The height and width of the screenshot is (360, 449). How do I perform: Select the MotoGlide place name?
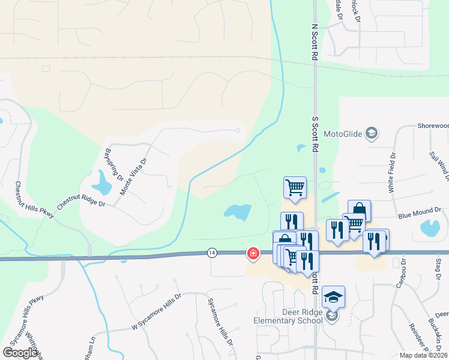(x=343, y=134)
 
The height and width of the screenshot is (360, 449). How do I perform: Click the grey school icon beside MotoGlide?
(x=372, y=133)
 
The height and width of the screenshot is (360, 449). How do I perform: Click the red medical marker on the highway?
(x=253, y=254)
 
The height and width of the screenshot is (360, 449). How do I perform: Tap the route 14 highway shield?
(x=212, y=253)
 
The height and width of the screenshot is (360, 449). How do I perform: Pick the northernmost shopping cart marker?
(x=295, y=187)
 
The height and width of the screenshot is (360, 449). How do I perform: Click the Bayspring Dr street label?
(x=114, y=166)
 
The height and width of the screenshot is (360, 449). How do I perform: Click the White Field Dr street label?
(x=392, y=172)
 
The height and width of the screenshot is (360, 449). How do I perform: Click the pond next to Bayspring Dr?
(x=102, y=182)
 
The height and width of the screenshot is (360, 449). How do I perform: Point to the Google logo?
(x=21, y=353)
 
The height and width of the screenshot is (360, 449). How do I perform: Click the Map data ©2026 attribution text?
(x=423, y=355)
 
